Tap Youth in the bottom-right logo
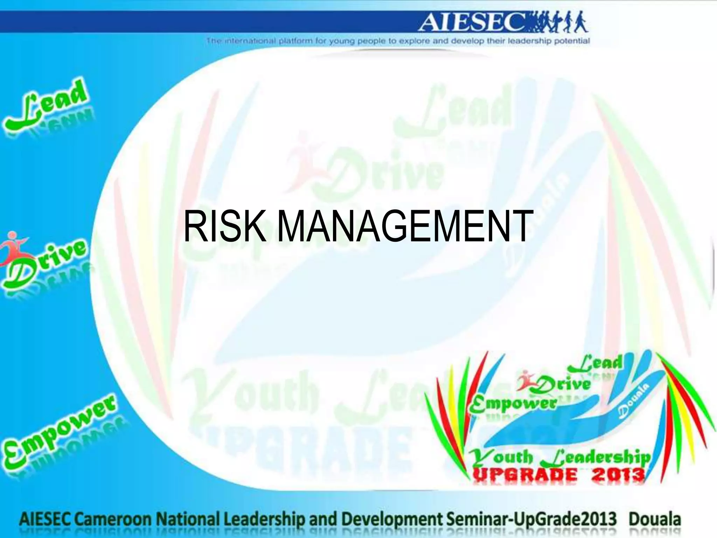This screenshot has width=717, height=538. click(501, 456)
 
